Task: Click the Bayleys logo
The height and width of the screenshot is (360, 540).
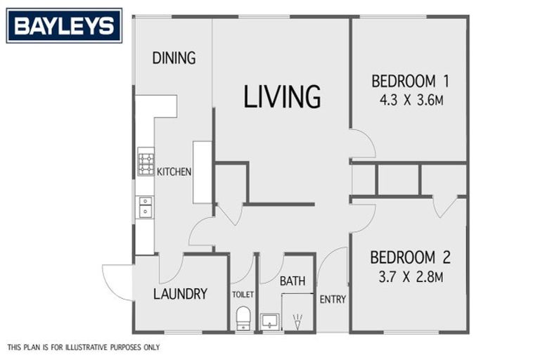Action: pyautogui.click(x=65, y=26)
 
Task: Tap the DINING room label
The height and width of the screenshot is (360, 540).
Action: pyautogui.click(x=174, y=58)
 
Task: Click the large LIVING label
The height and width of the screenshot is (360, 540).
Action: pyautogui.click(x=282, y=97)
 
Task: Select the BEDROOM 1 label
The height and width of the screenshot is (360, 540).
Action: pyautogui.click(x=410, y=82)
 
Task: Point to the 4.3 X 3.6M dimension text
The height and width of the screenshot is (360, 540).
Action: pyautogui.click(x=411, y=101)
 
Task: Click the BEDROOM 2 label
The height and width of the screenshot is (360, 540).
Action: pyautogui.click(x=410, y=257)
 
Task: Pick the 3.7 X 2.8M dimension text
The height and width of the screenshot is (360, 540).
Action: pyautogui.click(x=411, y=276)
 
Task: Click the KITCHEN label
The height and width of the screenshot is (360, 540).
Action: pyautogui.click(x=174, y=172)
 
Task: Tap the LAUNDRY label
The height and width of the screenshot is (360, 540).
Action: pyautogui.click(x=180, y=294)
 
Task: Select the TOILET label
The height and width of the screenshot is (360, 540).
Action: pyautogui.click(x=243, y=295)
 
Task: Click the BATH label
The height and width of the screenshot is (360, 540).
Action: pyautogui.click(x=292, y=281)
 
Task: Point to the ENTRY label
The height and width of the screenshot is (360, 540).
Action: pyautogui.click(x=333, y=300)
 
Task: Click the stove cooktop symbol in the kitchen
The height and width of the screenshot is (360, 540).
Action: pyautogui.click(x=146, y=162)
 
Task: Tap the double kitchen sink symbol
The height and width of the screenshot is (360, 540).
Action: pyautogui.click(x=146, y=207)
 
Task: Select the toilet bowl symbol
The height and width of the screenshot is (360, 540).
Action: pyautogui.click(x=243, y=319)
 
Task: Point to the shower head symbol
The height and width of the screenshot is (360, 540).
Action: pyautogui.click(x=297, y=321)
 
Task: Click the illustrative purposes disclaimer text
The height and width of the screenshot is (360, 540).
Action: pyautogui.click(x=84, y=347)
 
